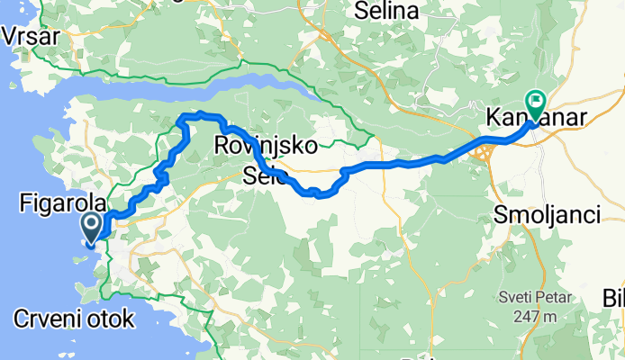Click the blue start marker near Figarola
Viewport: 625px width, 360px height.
click(x=92, y=229)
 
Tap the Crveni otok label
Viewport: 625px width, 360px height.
click(x=75, y=318)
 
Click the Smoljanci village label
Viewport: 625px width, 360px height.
click(x=548, y=214)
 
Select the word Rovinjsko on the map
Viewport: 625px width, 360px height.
click(x=261, y=145)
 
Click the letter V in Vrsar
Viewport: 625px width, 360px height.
click(x=11, y=37)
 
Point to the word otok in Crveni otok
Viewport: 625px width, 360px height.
click(x=111, y=318)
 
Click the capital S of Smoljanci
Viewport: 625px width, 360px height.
click(x=502, y=214)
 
